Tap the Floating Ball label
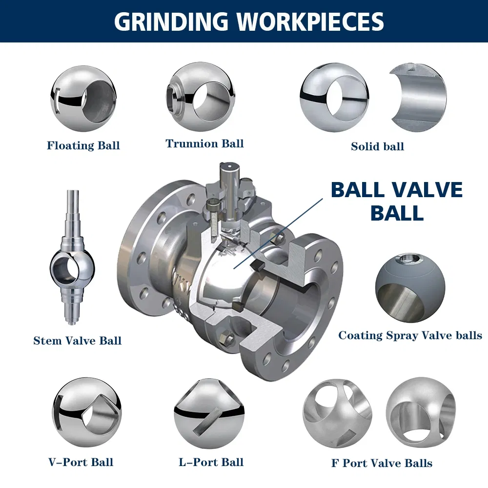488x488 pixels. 83,145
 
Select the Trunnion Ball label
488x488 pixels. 204,143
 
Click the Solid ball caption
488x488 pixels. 377,146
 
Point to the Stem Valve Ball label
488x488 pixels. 77,341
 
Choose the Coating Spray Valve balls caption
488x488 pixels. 410,335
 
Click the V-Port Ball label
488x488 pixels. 81,462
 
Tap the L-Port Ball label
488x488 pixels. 211,462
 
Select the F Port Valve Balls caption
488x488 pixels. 382,463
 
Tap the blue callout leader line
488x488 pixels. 278,233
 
